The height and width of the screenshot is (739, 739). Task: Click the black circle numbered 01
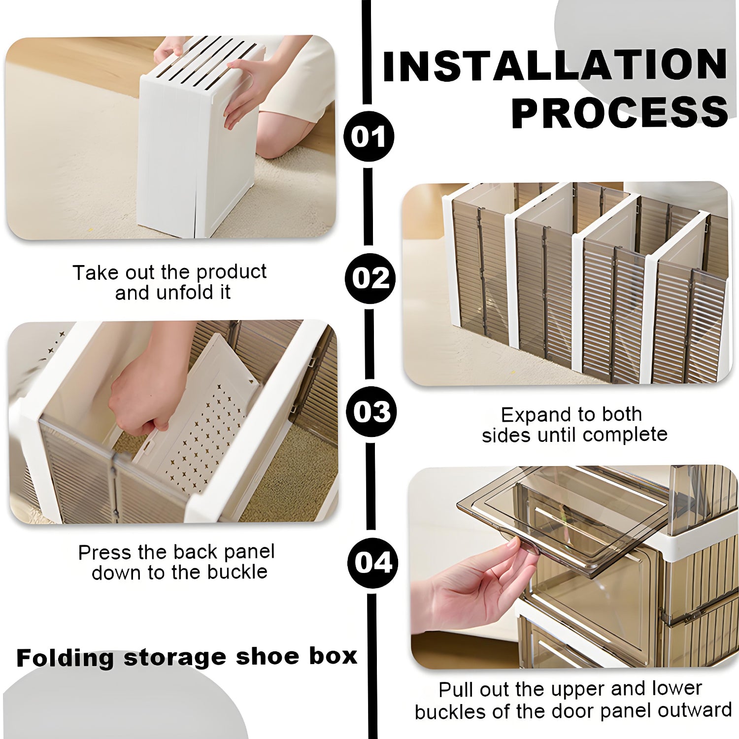click(x=369, y=136)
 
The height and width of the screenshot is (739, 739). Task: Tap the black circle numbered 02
click(x=370, y=278)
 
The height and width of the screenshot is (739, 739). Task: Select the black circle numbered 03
click(x=371, y=412)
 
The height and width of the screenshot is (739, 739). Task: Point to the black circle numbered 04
click(x=373, y=562)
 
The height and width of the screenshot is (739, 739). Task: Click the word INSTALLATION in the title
click(x=555, y=66)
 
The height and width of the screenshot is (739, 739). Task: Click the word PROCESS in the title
click(x=620, y=111)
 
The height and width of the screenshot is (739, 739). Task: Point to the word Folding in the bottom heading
click(x=66, y=658)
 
